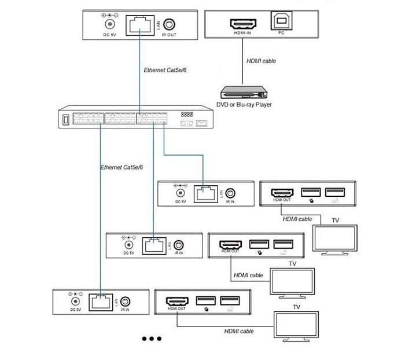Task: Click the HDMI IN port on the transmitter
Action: [x=243, y=24]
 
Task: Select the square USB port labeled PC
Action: [x=281, y=20]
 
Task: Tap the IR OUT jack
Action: [x=169, y=24]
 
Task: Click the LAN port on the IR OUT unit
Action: [x=140, y=25]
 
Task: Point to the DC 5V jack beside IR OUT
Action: [x=110, y=24]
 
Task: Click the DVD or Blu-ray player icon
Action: [x=244, y=92]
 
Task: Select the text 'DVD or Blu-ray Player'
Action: [x=244, y=105]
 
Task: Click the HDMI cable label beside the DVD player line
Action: [x=261, y=61]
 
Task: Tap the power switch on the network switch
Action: [x=66, y=120]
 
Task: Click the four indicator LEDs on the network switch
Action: [x=187, y=114]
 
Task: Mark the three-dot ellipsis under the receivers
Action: [x=152, y=339]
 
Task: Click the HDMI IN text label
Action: [x=242, y=33]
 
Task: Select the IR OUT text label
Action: [x=169, y=35]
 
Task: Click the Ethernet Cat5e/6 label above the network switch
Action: [x=165, y=70]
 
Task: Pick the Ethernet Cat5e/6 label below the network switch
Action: [x=122, y=167]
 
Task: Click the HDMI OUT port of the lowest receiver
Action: [x=177, y=302]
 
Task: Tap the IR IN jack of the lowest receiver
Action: [x=126, y=302]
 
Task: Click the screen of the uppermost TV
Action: [x=335, y=238]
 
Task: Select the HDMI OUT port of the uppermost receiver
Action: [x=282, y=193]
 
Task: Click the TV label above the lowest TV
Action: [x=296, y=307]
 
